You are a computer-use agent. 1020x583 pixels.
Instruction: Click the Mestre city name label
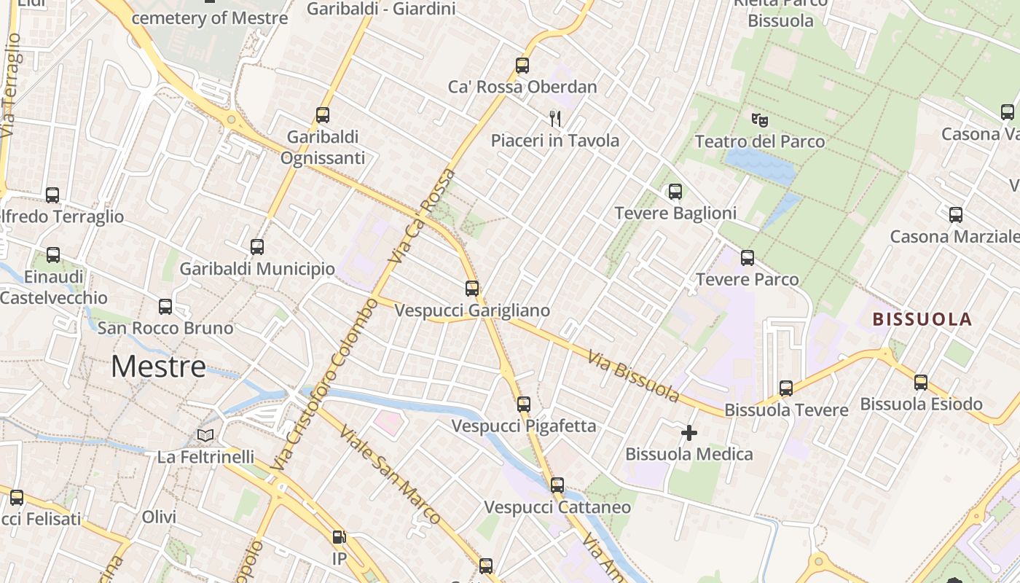pos(158,367)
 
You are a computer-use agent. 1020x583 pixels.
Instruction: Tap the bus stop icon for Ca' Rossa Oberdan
pos(522,66)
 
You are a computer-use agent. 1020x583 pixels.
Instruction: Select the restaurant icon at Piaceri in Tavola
pos(555,118)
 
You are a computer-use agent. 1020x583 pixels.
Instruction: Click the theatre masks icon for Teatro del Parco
pos(759,120)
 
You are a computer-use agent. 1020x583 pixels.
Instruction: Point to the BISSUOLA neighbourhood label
pos(922,319)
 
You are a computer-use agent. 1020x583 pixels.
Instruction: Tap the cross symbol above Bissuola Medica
pos(688,434)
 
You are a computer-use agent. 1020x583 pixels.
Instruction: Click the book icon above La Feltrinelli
pos(206,436)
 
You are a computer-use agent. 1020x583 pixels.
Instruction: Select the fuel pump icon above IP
pos(339,538)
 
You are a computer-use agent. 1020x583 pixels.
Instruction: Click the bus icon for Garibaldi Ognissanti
pos(322,115)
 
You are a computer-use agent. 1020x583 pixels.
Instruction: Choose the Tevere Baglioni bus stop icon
pos(675,192)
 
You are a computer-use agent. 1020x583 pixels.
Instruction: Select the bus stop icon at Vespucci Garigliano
pos(472,289)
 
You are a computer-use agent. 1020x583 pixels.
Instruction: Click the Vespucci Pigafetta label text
pos(523,426)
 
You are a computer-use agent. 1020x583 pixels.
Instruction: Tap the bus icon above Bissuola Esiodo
pos(921,383)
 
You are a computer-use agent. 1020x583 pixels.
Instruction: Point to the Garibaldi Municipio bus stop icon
pos(256,247)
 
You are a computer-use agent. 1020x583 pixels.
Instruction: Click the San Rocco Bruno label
pos(165,328)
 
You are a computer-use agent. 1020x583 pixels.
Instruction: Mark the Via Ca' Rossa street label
pos(422,216)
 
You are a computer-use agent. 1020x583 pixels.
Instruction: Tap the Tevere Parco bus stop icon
pos(747,258)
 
